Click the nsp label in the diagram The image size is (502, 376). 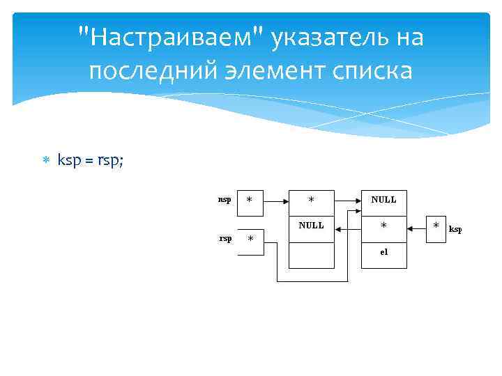[x=225, y=200]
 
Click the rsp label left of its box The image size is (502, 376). [x=226, y=238]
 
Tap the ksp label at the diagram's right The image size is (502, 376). [x=455, y=229]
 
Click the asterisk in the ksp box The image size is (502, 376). [x=436, y=226]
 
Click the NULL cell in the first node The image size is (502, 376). [x=311, y=225]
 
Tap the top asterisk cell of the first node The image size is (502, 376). [x=311, y=201]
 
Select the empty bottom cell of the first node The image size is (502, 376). [x=311, y=254]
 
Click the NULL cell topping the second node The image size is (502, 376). [x=383, y=200]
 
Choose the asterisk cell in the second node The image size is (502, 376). [x=383, y=226]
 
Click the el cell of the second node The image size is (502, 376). [x=383, y=252]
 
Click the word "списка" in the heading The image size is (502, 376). [x=372, y=70]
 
